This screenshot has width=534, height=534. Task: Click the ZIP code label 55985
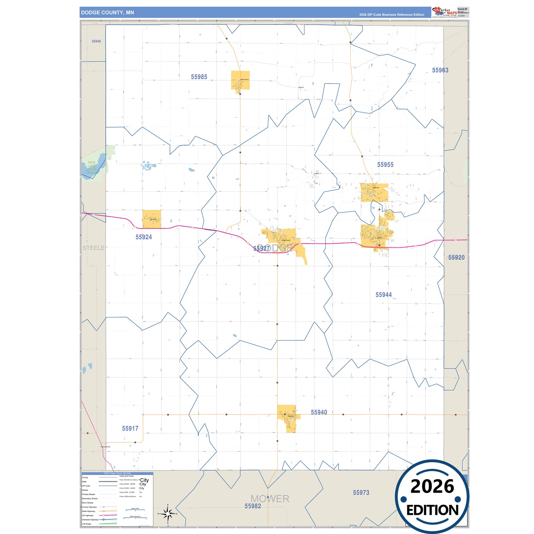(x=199, y=77)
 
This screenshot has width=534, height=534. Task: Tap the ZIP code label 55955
(x=385, y=165)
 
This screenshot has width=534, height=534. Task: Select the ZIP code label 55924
(x=143, y=237)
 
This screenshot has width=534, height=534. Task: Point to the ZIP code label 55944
(x=383, y=295)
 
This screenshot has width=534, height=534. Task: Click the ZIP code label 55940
(x=319, y=412)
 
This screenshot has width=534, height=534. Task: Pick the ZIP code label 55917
(x=130, y=428)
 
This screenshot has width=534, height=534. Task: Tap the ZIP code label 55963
(x=440, y=70)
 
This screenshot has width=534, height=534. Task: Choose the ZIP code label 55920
(x=456, y=258)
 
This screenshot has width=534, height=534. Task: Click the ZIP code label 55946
(x=96, y=41)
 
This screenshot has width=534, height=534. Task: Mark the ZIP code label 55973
(x=361, y=493)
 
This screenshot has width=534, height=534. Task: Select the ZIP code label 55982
(x=253, y=506)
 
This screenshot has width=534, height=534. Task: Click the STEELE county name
(x=93, y=248)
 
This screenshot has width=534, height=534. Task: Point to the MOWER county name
(x=270, y=499)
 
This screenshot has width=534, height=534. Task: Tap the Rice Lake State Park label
(x=92, y=167)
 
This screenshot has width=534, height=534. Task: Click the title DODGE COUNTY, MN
(x=108, y=13)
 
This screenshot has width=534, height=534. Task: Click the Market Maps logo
(x=445, y=12)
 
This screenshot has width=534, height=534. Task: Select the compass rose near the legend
(x=168, y=513)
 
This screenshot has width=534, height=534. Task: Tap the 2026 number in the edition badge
(x=432, y=486)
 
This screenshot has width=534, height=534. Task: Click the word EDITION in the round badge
(x=432, y=510)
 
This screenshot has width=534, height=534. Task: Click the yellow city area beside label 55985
(x=240, y=80)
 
